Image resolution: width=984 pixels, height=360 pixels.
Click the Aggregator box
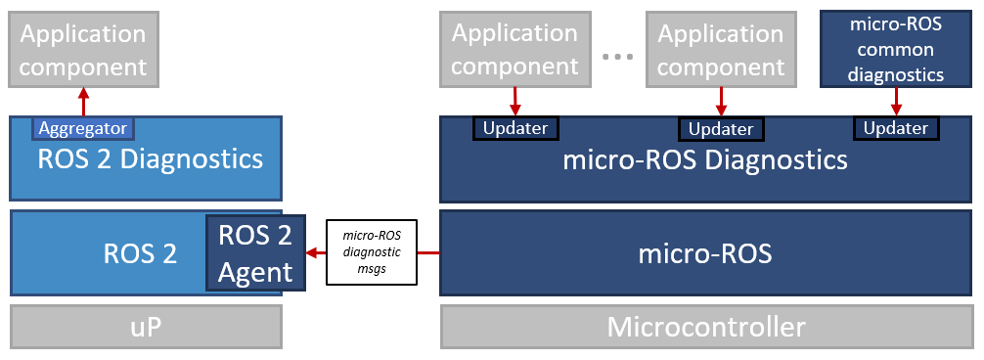pos(83,128)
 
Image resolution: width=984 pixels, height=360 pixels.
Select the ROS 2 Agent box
pos(255,252)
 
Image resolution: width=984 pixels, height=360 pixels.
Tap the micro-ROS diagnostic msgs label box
pos(372,252)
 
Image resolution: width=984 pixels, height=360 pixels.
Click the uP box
pos(146,328)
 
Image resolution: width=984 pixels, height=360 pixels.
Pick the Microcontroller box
pos(706,327)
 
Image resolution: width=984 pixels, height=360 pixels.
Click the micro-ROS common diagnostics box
pos(896,49)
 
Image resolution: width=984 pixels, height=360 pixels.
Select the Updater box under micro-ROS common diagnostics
pos(896,128)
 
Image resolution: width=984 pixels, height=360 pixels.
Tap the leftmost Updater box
pos(515,128)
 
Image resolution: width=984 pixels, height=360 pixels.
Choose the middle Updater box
pos(721,129)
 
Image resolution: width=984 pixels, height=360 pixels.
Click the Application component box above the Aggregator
pos(83,49)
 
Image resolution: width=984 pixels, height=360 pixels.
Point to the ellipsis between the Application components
pos(618,56)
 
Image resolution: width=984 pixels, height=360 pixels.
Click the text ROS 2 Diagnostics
pos(150,158)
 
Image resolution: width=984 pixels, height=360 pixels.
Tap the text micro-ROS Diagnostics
pos(705,159)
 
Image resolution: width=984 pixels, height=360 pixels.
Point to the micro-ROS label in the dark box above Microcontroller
pos(705,254)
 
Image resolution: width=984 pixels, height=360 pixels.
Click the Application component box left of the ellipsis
pos(514,49)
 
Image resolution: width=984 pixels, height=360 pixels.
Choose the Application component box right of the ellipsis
pos(721,49)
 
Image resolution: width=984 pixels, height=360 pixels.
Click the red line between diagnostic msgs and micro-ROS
pos(428,252)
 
